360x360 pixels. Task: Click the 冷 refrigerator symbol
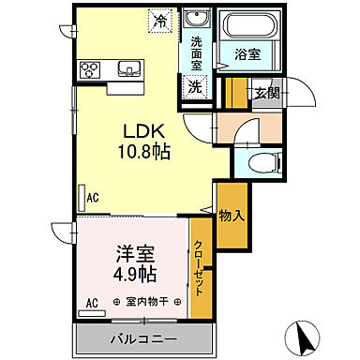[160, 19]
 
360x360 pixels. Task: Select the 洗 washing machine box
[195, 85]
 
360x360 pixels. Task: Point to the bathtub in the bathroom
[245, 23]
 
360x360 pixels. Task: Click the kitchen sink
[128, 69]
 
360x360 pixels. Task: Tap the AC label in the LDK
[93, 199]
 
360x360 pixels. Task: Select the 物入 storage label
[232, 216]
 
